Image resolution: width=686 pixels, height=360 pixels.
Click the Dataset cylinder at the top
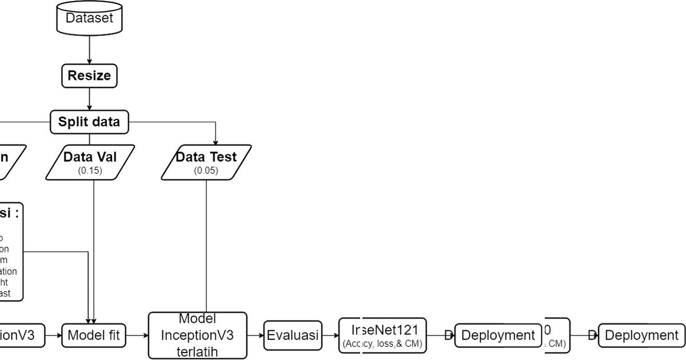point(89,18)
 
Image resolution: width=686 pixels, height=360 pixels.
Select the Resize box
point(89,75)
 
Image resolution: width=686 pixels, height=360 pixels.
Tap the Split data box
point(89,122)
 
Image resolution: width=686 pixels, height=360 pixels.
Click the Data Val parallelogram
point(90,162)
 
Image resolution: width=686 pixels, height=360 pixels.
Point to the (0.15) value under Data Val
point(90,170)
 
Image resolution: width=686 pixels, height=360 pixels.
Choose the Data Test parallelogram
point(206,162)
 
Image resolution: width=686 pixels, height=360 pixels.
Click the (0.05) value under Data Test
point(206,170)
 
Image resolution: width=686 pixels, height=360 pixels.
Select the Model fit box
point(94,335)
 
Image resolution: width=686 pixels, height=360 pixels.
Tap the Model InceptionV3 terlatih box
point(198,335)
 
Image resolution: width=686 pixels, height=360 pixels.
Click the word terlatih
point(198,351)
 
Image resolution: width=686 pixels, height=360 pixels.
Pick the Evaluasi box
point(293,335)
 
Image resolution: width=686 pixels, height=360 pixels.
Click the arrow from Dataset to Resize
point(89,48)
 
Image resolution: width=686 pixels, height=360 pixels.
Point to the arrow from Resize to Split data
point(89,99)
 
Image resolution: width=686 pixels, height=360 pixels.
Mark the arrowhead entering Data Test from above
point(216,141)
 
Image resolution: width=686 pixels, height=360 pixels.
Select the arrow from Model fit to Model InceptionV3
point(137,335)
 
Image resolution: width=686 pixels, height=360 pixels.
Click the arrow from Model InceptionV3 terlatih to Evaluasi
point(255,335)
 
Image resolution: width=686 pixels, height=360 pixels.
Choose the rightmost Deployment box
point(641,335)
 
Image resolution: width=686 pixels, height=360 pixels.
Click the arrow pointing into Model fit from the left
point(55,335)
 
